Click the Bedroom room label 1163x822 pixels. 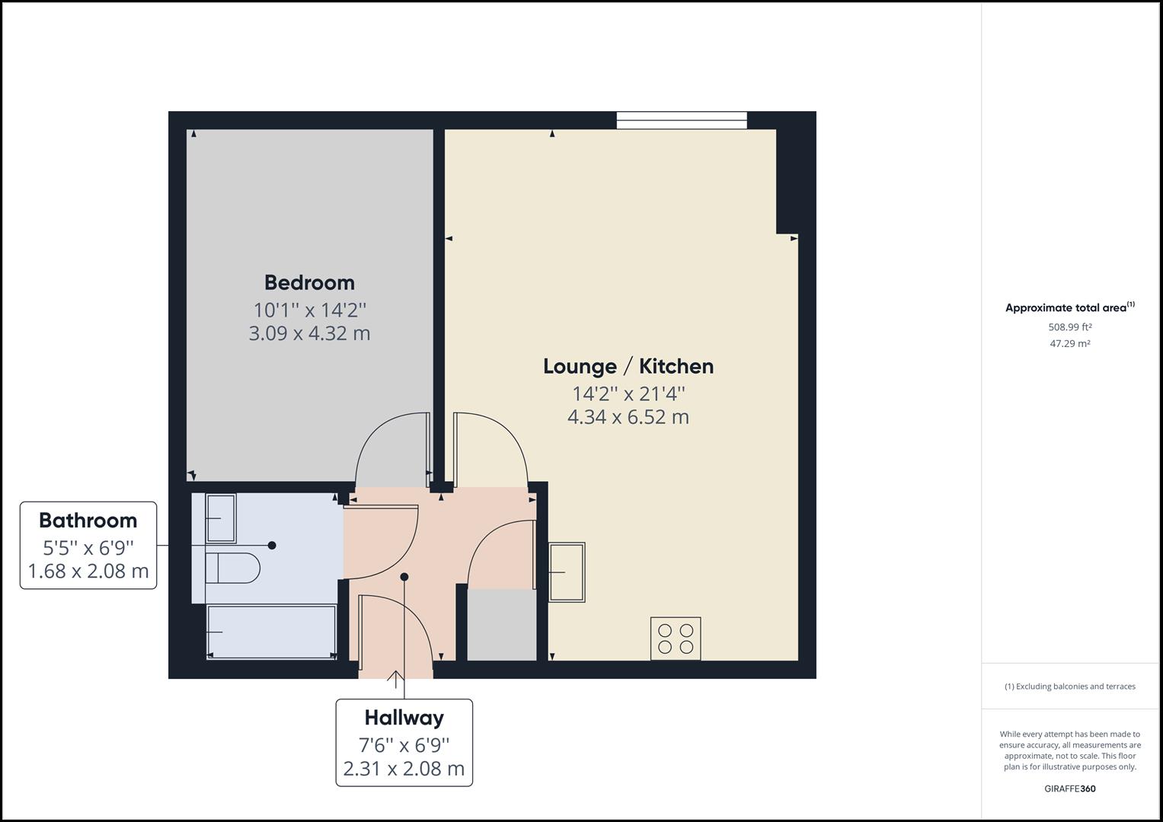click(x=309, y=282)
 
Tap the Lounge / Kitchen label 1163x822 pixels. click(x=628, y=366)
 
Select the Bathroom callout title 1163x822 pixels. click(x=88, y=521)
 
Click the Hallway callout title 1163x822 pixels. click(x=404, y=718)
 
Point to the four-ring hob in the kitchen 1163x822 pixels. click(x=676, y=638)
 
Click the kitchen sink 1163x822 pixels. click(x=567, y=572)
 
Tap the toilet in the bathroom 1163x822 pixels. click(x=232, y=568)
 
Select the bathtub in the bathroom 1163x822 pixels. click(x=271, y=632)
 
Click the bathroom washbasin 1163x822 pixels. click(x=221, y=518)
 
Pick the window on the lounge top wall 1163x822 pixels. click(x=682, y=120)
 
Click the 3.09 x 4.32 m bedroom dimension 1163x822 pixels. click(x=309, y=333)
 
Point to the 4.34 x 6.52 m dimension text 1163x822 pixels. click(x=628, y=417)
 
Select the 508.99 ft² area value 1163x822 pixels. click(x=1070, y=327)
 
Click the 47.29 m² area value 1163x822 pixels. click(x=1070, y=343)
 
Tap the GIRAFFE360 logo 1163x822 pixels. click(x=1069, y=789)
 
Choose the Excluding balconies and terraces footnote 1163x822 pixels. click(x=1069, y=687)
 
